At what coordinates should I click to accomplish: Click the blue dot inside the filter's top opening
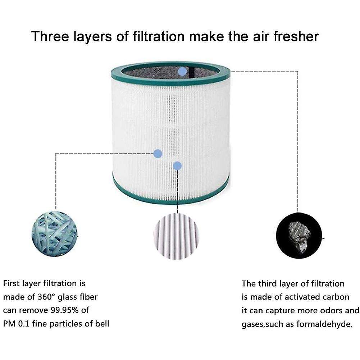[x=183, y=71]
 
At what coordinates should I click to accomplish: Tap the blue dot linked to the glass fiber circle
[x=158, y=154]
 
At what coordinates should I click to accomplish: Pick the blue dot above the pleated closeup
[x=177, y=166]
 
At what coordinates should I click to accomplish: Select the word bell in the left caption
[x=102, y=324]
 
